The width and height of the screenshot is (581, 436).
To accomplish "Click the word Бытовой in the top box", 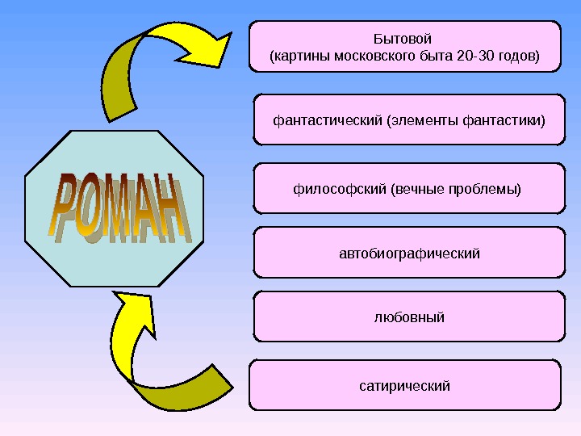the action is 403,39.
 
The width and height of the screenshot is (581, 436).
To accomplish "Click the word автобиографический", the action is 409,254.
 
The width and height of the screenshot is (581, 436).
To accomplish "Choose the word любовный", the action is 409,317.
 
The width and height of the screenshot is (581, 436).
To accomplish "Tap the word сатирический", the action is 404,386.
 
